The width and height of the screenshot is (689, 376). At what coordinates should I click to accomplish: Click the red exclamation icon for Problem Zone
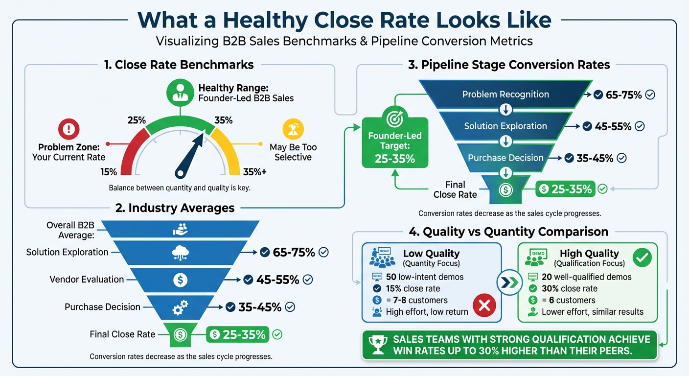[x=69, y=129]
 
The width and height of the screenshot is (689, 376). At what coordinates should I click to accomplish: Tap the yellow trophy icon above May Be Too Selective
[x=293, y=129]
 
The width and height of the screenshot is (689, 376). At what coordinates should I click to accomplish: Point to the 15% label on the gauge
[x=109, y=172]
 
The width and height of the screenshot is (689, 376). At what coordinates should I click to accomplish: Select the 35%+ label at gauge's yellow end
[x=254, y=172]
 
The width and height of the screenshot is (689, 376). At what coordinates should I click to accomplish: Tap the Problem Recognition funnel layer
[x=505, y=94]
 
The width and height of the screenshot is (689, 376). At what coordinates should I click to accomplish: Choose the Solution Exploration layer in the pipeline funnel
[x=505, y=126]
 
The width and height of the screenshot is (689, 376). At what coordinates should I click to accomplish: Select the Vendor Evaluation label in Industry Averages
[x=87, y=280]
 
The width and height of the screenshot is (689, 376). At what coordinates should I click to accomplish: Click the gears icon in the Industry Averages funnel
[x=180, y=307]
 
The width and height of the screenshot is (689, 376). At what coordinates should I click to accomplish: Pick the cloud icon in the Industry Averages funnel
[x=180, y=253]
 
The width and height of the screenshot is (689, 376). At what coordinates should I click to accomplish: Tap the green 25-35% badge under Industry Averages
[x=238, y=335]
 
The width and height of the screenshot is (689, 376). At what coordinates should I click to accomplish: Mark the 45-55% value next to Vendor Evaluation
[x=277, y=280]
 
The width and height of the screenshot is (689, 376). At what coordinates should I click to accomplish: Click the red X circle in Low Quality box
[x=484, y=306]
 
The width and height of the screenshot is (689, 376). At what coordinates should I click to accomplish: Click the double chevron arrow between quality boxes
[x=509, y=282]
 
